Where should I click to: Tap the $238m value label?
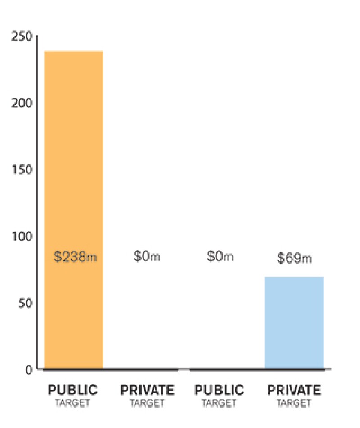pyautogui.click(x=75, y=258)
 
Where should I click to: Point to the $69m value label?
pyautogui.click(x=294, y=258)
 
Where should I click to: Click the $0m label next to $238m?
pyautogui.click(x=147, y=257)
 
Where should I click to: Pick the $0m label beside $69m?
pyautogui.click(x=220, y=257)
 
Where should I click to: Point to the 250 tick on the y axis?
pyautogui.click(x=22, y=36)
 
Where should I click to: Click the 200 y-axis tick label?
pyautogui.click(x=22, y=103)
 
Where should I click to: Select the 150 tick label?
pyautogui.click(x=22, y=170)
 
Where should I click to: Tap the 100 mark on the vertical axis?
pyautogui.click(x=22, y=237)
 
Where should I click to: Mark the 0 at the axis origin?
pyautogui.click(x=29, y=370)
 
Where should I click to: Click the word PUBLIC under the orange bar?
pyautogui.click(x=72, y=390)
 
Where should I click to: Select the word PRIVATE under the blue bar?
pyautogui.click(x=294, y=390)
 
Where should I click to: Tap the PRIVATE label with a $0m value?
pyautogui.click(x=147, y=390)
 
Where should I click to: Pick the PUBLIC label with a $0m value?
pyautogui.click(x=219, y=390)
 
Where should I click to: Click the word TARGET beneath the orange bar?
pyautogui.click(x=72, y=402)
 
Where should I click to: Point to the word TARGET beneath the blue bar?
pyautogui.click(x=294, y=402)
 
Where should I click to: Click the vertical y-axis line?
pyautogui.click(x=37, y=203)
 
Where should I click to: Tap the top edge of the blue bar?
pyautogui.click(x=294, y=277)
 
